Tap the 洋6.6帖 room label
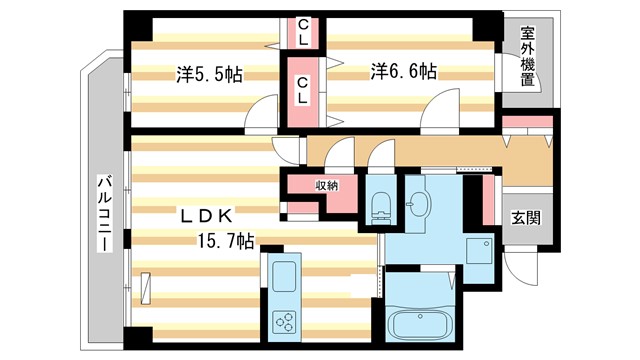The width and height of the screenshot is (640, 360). (x=404, y=72)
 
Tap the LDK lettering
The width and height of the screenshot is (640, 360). (x=207, y=215)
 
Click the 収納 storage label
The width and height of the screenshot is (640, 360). (x=326, y=186)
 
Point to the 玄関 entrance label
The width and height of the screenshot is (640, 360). (x=525, y=218)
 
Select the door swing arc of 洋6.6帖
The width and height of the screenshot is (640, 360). (x=440, y=115)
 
